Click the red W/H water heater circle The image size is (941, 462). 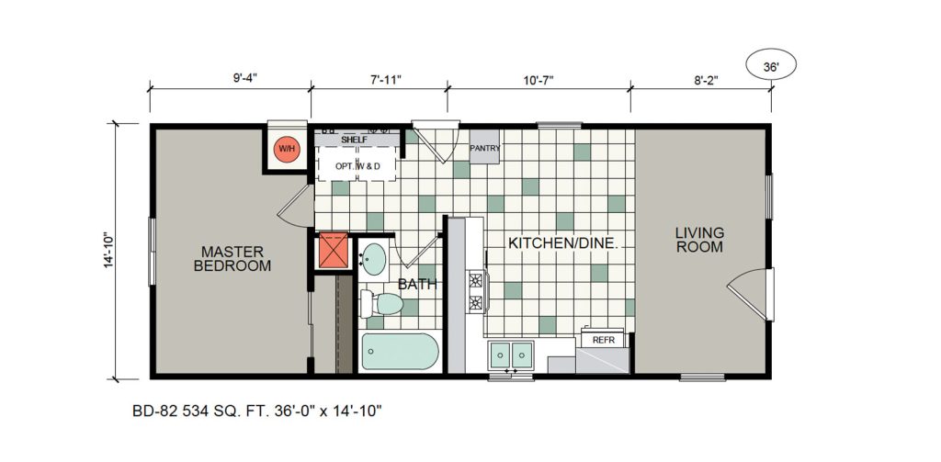pyautogui.click(x=287, y=149)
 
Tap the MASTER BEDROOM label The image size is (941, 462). pyautogui.click(x=232, y=259)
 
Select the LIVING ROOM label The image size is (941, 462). pyautogui.click(x=699, y=239)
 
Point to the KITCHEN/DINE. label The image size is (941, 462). pyautogui.click(x=563, y=243)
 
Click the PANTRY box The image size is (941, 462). pyautogui.click(x=484, y=146)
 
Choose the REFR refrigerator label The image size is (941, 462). pyautogui.click(x=603, y=340)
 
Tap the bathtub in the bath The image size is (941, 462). pyautogui.click(x=401, y=352)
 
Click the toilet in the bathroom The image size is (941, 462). pyautogui.click(x=381, y=304)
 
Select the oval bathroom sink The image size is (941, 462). pyautogui.click(x=376, y=259)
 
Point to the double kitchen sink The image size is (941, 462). pyautogui.click(x=511, y=355)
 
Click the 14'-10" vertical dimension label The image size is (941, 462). pyautogui.click(x=108, y=250)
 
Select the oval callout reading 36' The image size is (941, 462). pyautogui.click(x=771, y=66)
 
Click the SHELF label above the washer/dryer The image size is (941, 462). pyautogui.click(x=354, y=140)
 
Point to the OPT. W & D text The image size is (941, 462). pyautogui.click(x=357, y=166)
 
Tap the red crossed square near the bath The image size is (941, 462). pyautogui.click(x=334, y=250)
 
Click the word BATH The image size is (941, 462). pyautogui.click(x=417, y=285)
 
